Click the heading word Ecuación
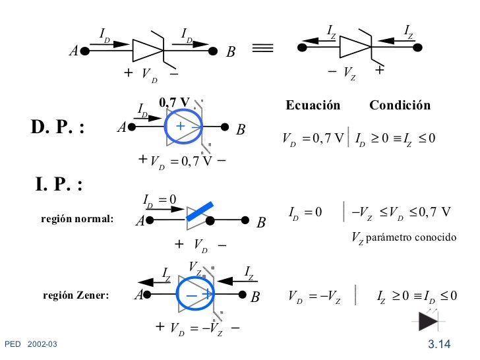(313, 106)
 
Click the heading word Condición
(400, 106)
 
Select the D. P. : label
(58, 127)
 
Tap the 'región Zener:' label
(75, 295)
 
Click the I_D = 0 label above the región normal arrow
(160, 200)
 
